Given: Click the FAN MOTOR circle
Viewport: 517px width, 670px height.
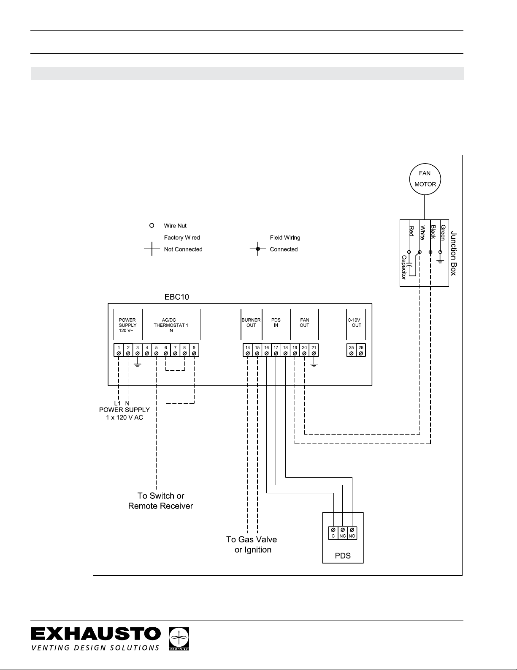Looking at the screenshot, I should coord(425,179).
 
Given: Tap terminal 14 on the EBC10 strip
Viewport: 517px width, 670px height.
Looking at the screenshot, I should coord(248,350).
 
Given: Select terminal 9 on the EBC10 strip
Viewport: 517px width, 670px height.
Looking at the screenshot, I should coord(194,350).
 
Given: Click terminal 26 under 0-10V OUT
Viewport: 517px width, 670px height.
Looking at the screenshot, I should coord(361,350).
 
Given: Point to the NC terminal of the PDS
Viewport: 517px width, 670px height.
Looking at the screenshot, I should coord(342,532).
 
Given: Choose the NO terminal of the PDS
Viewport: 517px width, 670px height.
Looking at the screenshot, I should coord(352,532).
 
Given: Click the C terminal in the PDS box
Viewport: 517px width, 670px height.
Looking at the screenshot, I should coord(333,532).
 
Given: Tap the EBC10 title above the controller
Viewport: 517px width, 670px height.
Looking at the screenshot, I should coord(176,297).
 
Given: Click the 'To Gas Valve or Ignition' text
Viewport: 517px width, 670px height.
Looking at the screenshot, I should coord(252,544).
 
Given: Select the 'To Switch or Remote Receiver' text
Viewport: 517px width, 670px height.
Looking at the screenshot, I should coord(161,500).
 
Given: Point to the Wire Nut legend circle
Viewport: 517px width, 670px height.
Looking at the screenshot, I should coord(152,226).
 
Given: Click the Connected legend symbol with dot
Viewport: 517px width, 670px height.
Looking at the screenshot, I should coord(257,249).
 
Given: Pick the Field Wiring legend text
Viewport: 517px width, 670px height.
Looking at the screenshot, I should coord(285,238).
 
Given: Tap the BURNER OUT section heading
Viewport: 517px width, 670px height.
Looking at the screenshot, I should coord(251,323).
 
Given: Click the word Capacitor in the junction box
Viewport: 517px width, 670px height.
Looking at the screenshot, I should coord(404,267).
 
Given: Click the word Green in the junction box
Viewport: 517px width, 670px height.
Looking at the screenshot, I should coord(443,232).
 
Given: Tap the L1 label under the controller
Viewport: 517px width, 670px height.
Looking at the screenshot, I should coord(118,403).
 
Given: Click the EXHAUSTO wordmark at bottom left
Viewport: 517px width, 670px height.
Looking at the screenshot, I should coord(96,634).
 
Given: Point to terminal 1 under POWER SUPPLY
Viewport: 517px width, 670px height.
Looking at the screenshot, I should coord(119,350).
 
